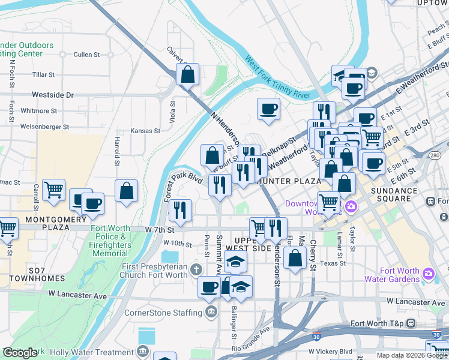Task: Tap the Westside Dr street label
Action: pos(52,95)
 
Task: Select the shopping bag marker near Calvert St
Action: pos(187,75)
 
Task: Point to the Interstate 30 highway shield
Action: pos(316,337)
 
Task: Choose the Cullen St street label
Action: pos(86,55)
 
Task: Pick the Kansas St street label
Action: pos(146,130)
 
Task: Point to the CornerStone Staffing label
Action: pos(163,313)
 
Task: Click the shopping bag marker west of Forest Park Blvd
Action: pos(127,191)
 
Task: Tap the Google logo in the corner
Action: pos(20,353)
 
